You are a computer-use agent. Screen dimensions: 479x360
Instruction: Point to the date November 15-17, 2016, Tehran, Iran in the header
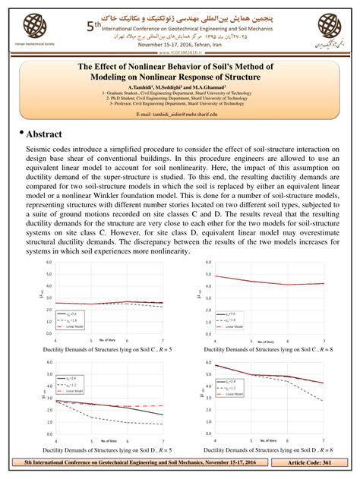pyautogui.click(x=177, y=43)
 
